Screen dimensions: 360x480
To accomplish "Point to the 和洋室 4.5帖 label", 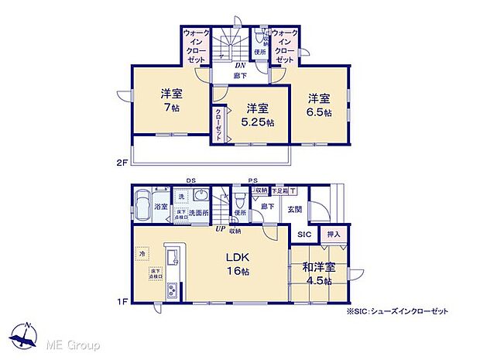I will (x=320, y=274).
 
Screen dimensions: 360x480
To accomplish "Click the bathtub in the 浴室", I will (x=142, y=205).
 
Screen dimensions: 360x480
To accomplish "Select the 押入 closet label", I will (x=333, y=234).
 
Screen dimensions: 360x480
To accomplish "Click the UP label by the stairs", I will (x=221, y=230).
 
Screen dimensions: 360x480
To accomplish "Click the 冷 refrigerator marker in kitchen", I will (x=142, y=253).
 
